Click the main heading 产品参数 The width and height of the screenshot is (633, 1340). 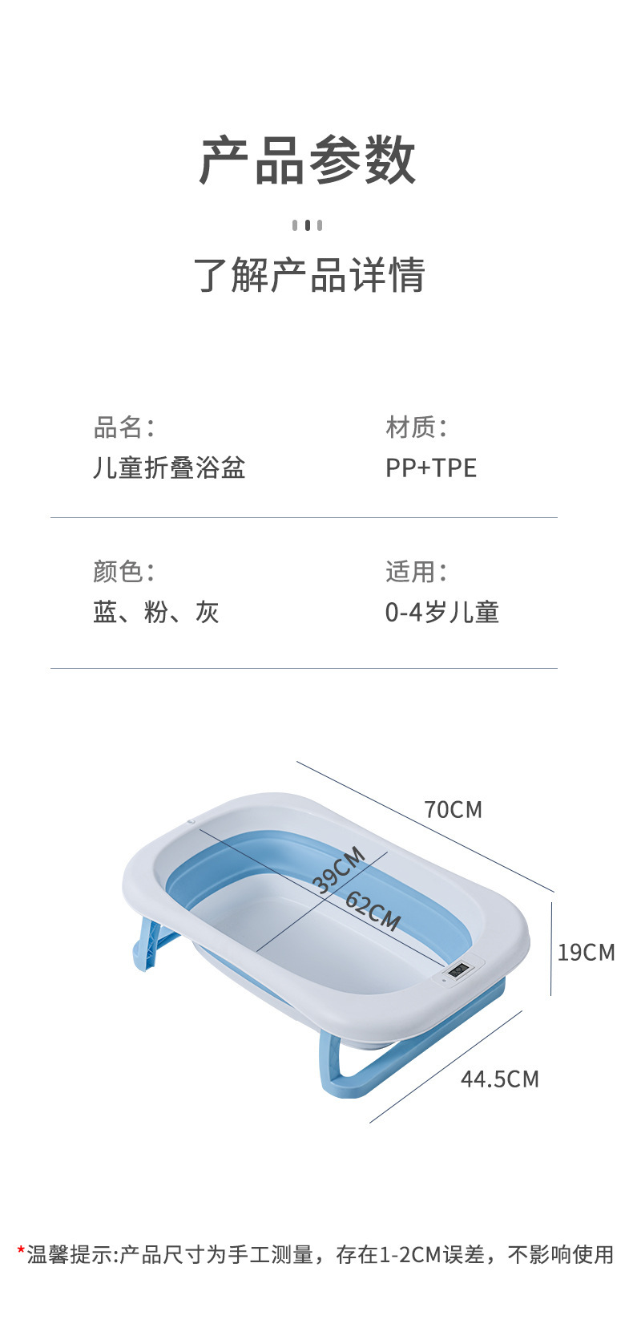[x=307, y=160]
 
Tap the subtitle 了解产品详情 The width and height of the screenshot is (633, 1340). [x=309, y=275]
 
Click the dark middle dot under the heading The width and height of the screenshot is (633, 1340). [x=307, y=225]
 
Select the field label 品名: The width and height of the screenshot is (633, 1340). [x=124, y=427]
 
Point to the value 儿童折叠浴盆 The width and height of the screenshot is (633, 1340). [x=169, y=468]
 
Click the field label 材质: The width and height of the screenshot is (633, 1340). [x=417, y=427]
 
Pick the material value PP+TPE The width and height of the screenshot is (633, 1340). [x=431, y=468]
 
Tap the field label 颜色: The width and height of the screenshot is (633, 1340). [x=124, y=572]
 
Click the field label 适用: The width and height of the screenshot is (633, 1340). [x=417, y=572]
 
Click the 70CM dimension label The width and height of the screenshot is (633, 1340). [x=453, y=809]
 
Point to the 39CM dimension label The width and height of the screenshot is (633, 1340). [x=339, y=870]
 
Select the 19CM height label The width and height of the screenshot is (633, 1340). [x=587, y=953]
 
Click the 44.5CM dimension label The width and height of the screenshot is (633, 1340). [x=500, y=1079]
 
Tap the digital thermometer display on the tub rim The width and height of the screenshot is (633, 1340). [x=459, y=969]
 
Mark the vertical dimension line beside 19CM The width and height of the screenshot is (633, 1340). [x=551, y=949]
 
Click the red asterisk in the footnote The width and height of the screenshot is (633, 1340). [x=21, y=1249]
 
